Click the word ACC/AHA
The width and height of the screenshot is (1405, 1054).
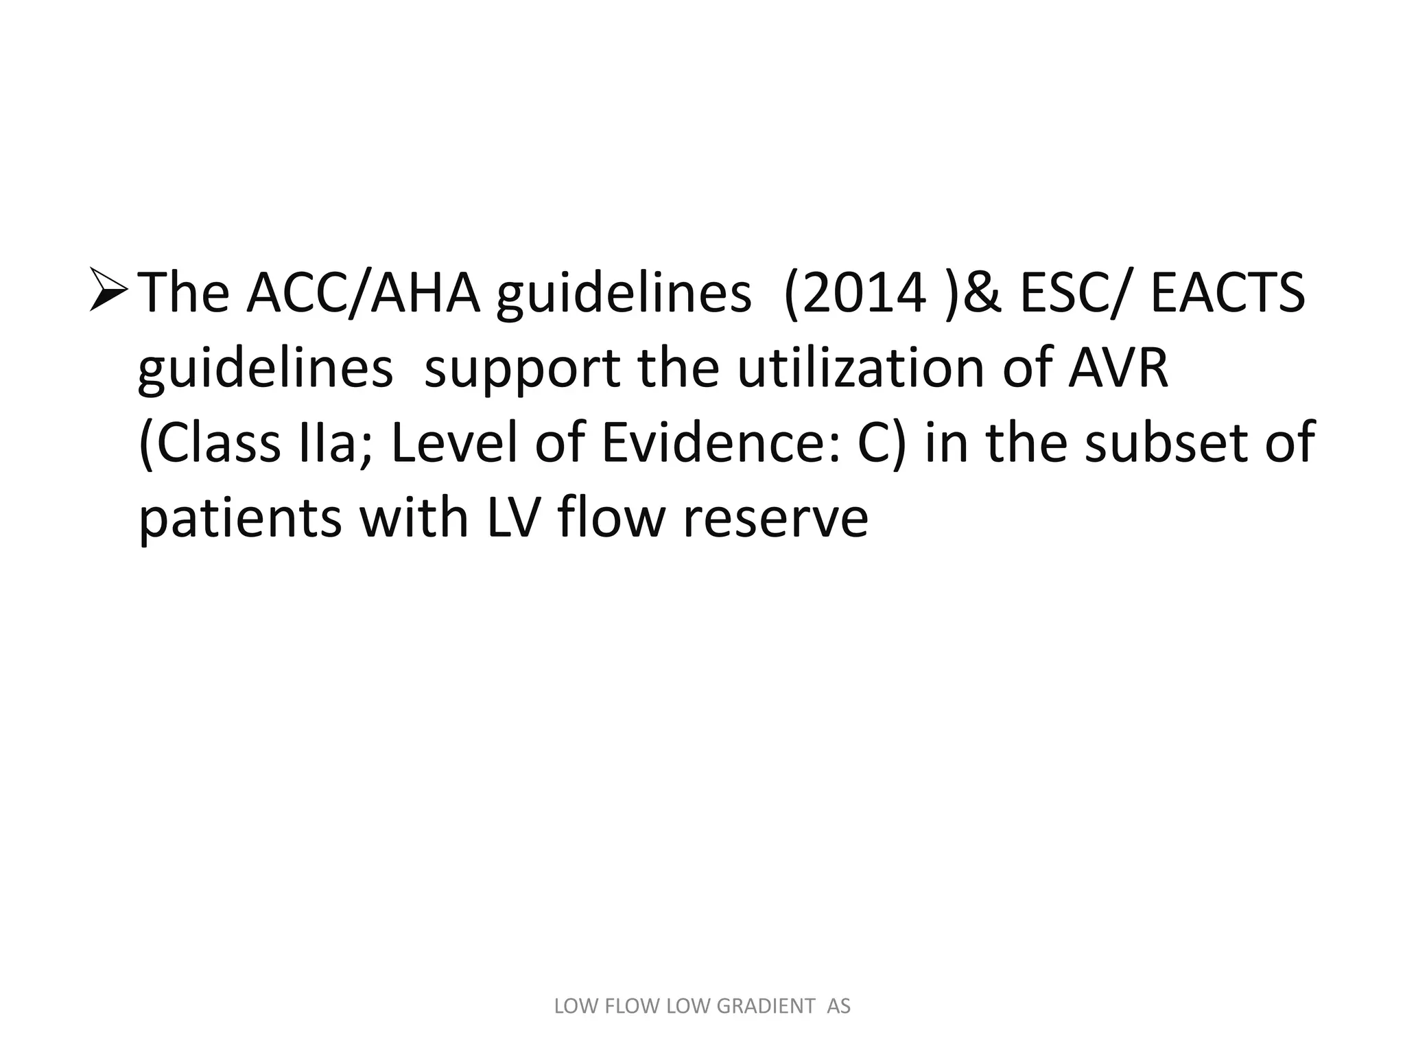[363, 293]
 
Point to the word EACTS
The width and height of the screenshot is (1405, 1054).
[1228, 293]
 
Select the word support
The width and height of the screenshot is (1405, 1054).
[522, 369]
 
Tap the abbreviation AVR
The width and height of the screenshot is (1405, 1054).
[1118, 368]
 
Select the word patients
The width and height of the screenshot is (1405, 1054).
[239, 519]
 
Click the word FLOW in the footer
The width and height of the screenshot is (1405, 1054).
[623, 1007]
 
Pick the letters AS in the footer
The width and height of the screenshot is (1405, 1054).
[838, 1007]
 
